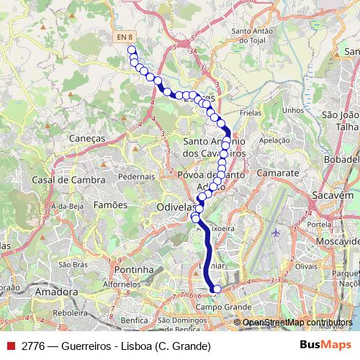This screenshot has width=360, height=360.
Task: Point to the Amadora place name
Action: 56,292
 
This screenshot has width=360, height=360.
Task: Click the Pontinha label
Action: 135,269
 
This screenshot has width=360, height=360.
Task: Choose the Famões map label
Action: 110,204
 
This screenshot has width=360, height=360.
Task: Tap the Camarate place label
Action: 274,174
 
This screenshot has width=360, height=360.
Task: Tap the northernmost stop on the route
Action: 132,50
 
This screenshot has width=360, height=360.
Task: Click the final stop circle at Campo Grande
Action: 217,289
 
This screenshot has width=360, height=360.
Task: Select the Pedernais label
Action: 136,176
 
